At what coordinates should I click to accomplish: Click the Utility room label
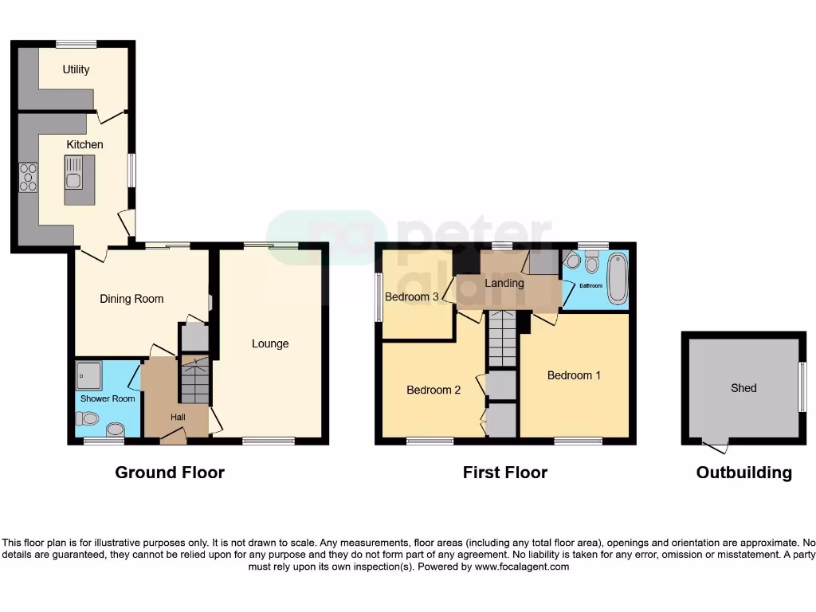[x=76, y=69]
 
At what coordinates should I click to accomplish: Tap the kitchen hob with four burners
[x=28, y=177]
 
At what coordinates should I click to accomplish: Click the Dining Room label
[x=131, y=299]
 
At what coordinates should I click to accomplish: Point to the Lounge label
[x=270, y=343]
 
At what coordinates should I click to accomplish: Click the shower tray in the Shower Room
[x=88, y=373]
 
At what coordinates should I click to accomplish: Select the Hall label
[x=178, y=417]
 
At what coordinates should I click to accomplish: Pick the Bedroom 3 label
[x=411, y=297]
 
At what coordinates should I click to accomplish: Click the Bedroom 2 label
[x=433, y=390]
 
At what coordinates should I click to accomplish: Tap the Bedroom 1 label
[x=574, y=375]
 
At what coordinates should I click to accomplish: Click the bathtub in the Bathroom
[x=617, y=278]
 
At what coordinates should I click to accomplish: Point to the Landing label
[x=504, y=283]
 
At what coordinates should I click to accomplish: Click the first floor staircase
[x=502, y=339]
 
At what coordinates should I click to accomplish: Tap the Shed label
[x=743, y=388]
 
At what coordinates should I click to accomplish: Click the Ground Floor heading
[x=170, y=473]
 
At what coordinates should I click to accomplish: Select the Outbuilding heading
[x=743, y=473]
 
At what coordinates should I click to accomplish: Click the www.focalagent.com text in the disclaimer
[x=521, y=567]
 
